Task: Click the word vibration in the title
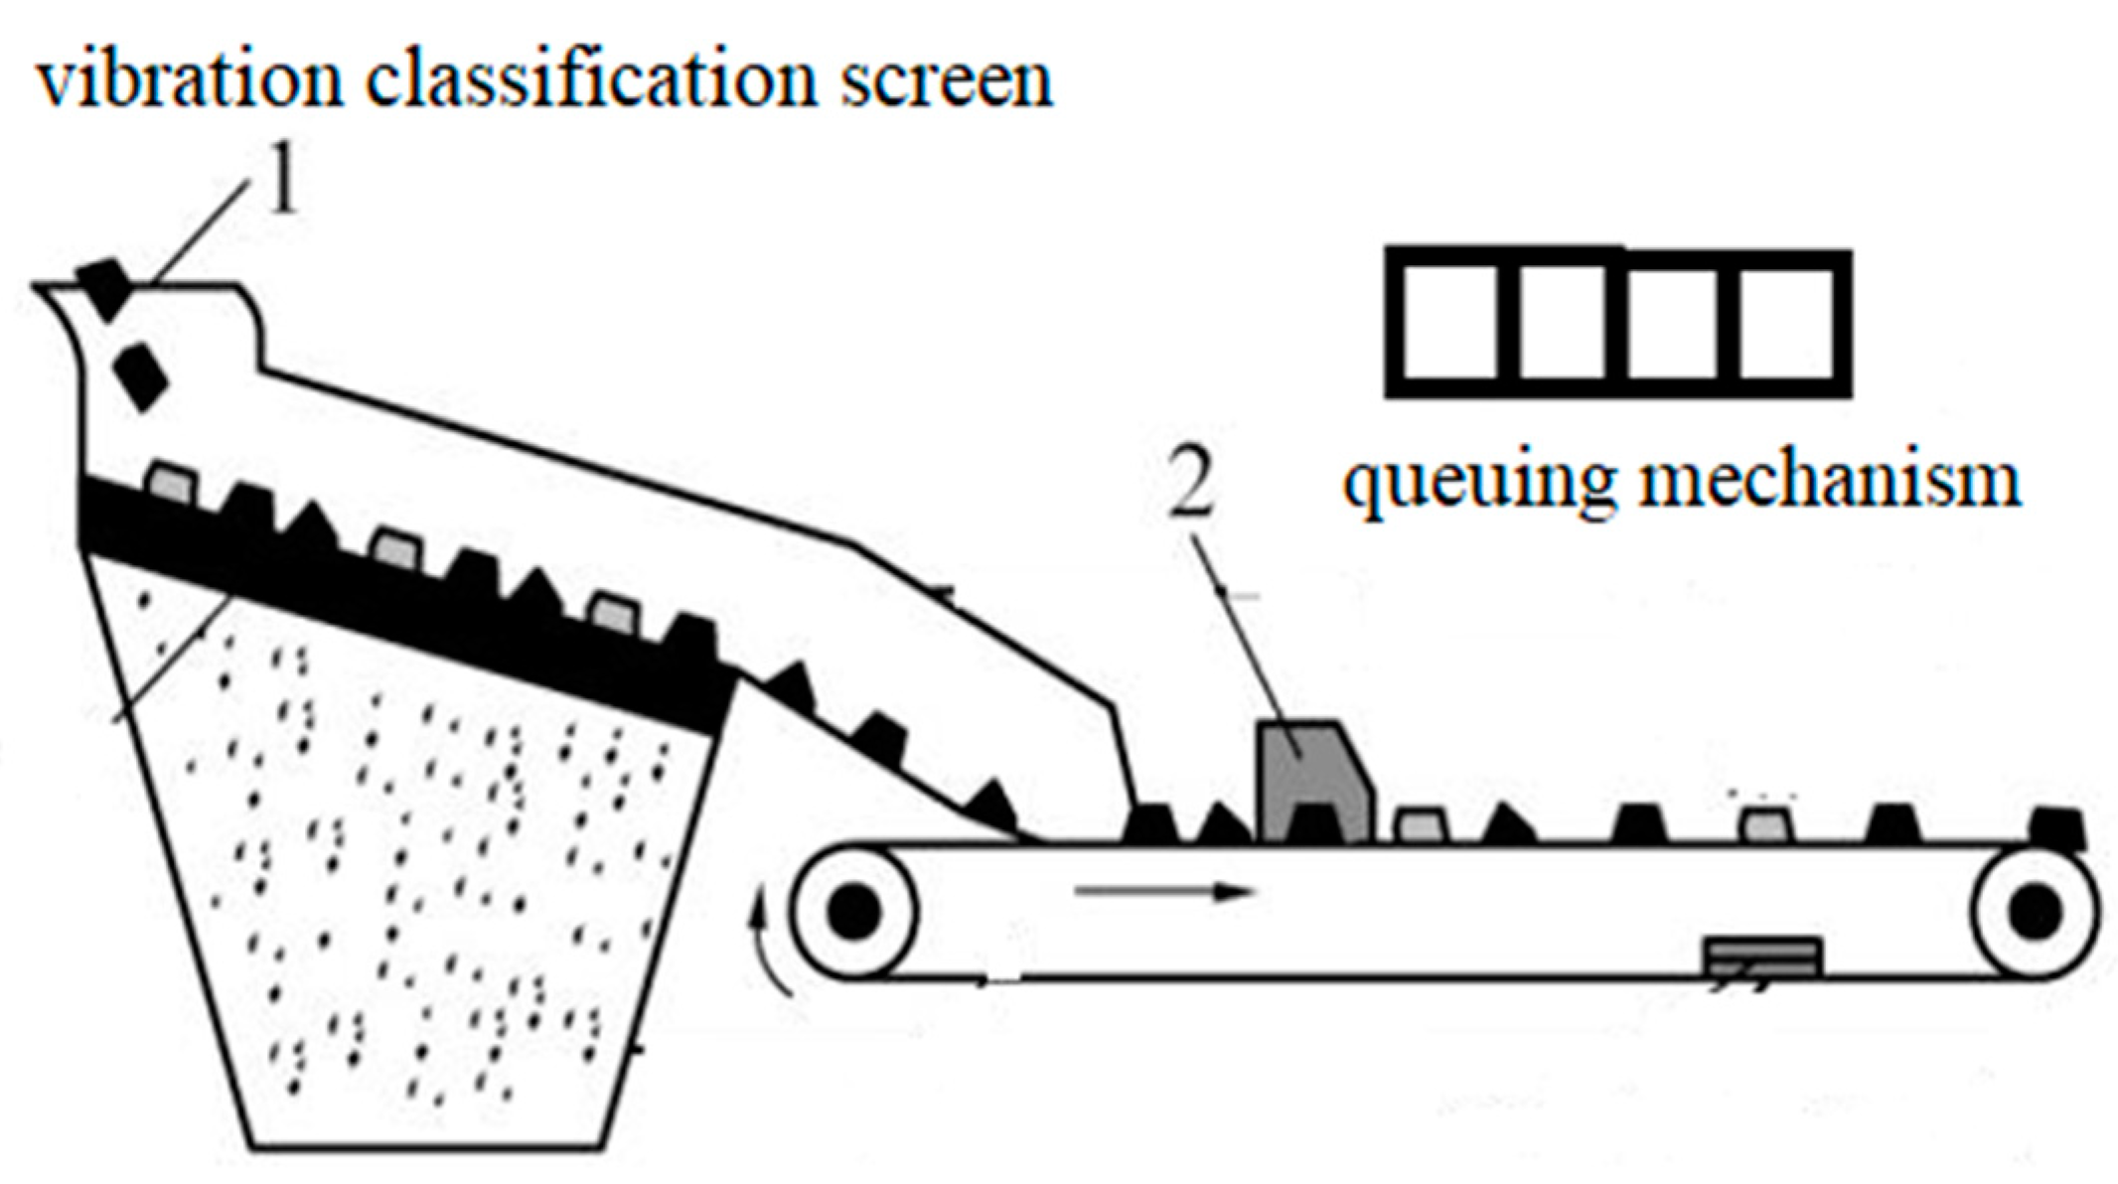(189, 81)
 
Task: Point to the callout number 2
(1191, 487)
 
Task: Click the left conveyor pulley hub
(853, 911)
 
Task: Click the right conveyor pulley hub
(2037, 911)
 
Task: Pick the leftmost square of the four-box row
(1450, 323)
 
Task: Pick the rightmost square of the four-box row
(1788, 323)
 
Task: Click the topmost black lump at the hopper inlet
(105, 288)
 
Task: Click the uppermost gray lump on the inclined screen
(171, 483)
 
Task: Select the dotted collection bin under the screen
(417, 894)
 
